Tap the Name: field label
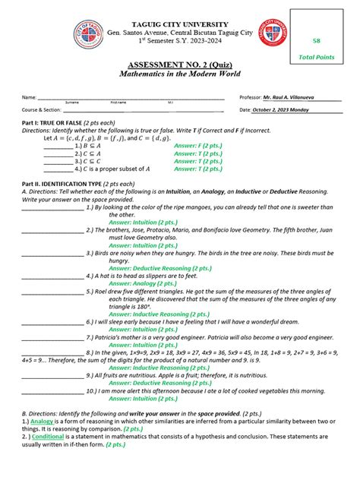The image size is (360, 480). tap(28, 98)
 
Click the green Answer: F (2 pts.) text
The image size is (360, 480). tap(198, 145)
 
